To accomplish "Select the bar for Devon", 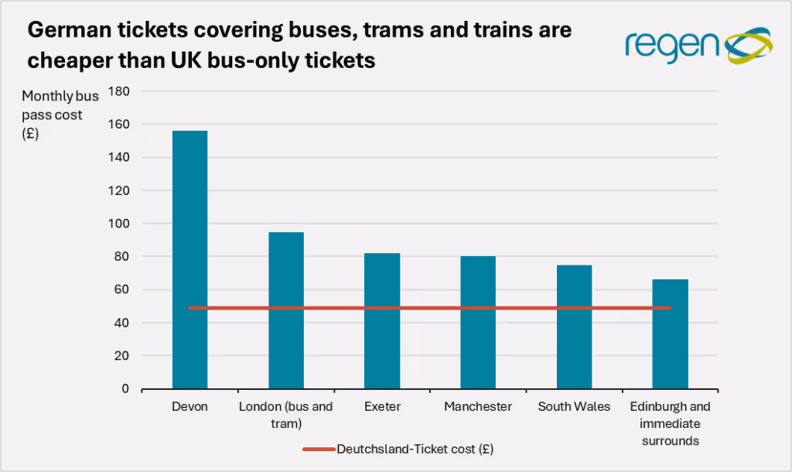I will (x=189, y=259).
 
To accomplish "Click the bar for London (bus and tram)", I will (x=285, y=310).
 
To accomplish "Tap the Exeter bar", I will (x=382, y=320).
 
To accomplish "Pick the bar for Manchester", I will (x=478, y=322).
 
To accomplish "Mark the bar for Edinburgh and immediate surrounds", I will (x=670, y=333).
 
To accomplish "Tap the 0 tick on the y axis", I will (x=125, y=389).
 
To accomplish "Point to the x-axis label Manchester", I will (x=478, y=407).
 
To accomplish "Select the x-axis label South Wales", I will (x=574, y=407).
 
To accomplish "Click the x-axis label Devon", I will (x=189, y=407).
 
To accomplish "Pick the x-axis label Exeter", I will (x=382, y=407).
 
